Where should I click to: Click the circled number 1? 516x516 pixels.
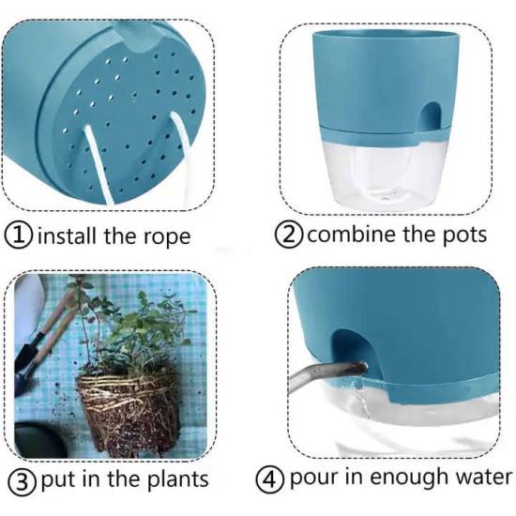(19, 235)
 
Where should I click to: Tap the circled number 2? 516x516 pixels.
(289, 234)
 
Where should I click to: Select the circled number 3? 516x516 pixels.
(22, 482)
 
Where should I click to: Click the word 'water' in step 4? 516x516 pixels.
(484, 478)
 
